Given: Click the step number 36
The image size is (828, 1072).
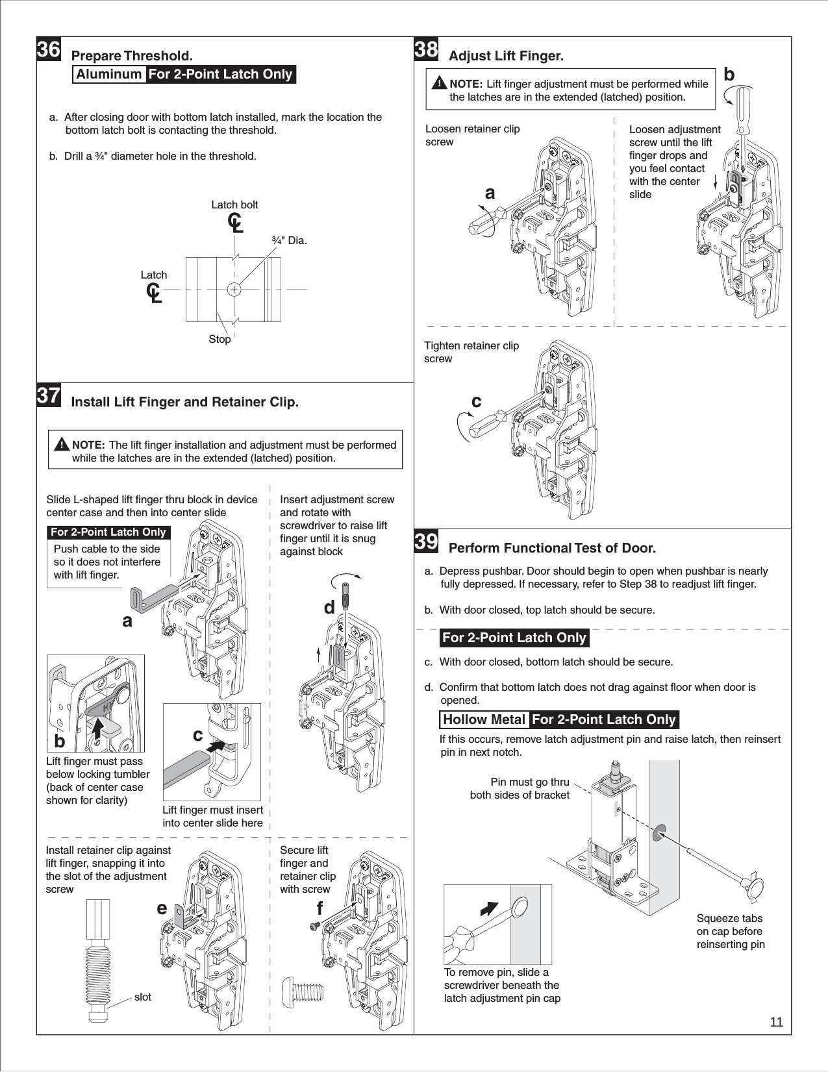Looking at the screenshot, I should pyautogui.click(x=49, y=50).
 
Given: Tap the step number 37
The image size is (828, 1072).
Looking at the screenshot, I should pyautogui.click(x=49, y=395).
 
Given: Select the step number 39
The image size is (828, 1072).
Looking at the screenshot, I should pyautogui.click(x=426, y=542).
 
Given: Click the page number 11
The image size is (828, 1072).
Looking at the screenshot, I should pyautogui.click(x=776, y=1023).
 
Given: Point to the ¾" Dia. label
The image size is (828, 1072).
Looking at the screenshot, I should pyautogui.click(x=289, y=241).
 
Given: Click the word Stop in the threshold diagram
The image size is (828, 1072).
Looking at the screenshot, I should pyautogui.click(x=220, y=340).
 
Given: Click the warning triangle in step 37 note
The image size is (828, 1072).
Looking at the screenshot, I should pyautogui.click(x=62, y=445).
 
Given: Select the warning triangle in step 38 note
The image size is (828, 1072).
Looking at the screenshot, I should pyautogui.click(x=440, y=84).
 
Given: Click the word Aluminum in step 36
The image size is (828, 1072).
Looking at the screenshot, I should pyautogui.click(x=108, y=74).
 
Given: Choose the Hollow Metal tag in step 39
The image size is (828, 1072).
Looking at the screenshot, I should pyautogui.click(x=484, y=719).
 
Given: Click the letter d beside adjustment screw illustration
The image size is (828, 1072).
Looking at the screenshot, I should pyautogui.click(x=329, y=608).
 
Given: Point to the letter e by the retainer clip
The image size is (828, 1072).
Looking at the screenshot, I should pyautogui.click(x=162, y=908).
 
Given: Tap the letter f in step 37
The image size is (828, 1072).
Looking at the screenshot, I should pyautogui.click(x=320, y=910).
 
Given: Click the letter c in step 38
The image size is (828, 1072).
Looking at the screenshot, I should pyautogui.click(x=477, y=402).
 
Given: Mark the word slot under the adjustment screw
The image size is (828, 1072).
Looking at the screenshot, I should pyautogui.click(x=143, y=997).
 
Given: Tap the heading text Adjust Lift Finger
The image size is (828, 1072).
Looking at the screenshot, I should pyautogui.click(x=506, y=56).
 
